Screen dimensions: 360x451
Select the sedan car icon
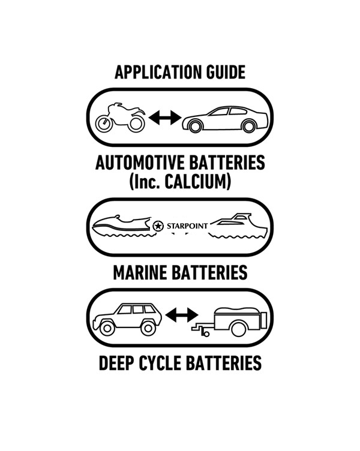coord(225,119)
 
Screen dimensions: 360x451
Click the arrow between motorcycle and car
coord(165,118)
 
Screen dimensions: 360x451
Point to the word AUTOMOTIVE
coord(140,163)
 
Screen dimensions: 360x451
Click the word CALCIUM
coord(197,182)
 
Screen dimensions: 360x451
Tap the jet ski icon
coord(122,226)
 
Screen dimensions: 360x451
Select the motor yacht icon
coord(238,225)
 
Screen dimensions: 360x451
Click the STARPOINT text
coord(187,226)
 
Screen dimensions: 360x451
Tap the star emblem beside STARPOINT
coord(158,226)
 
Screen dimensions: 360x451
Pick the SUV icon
coord(127,319)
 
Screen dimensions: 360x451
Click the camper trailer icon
coord(230,322)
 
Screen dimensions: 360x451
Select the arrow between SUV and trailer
coord(182,315)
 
